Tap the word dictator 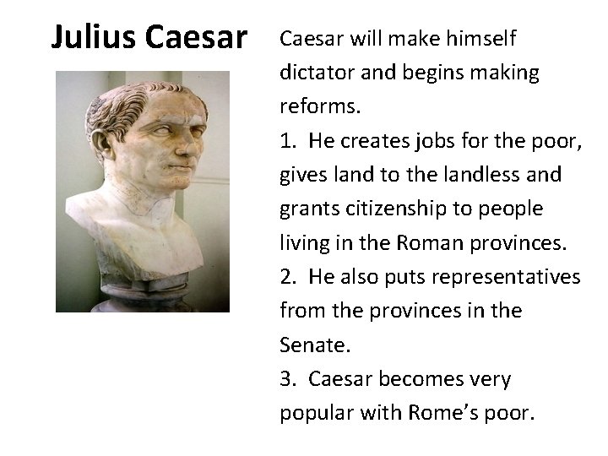pos(317,73)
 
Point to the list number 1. pos(286,141)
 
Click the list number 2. pos(287,277)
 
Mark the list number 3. pos(287,379)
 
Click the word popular pos(316,414)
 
